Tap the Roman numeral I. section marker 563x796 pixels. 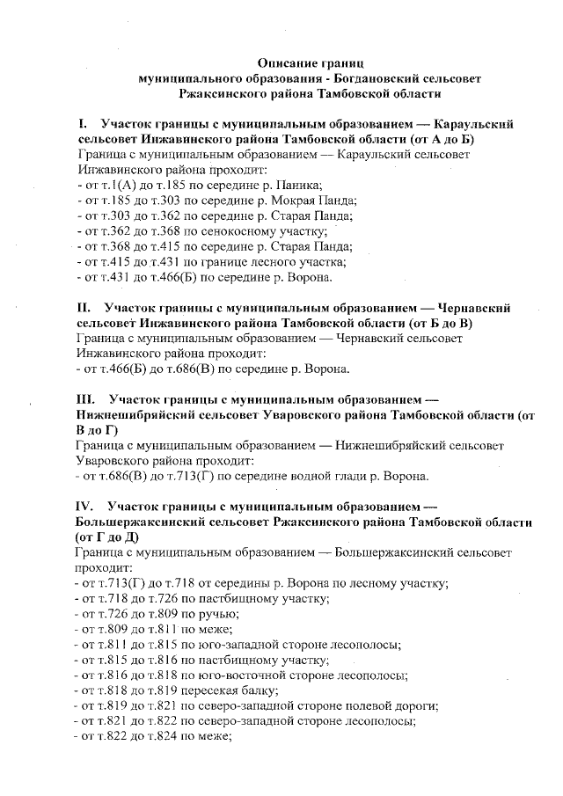[x=83, y=125]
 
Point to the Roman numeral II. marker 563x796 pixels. [x=84, y=309]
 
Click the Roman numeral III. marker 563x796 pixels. [x=86, y=399]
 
